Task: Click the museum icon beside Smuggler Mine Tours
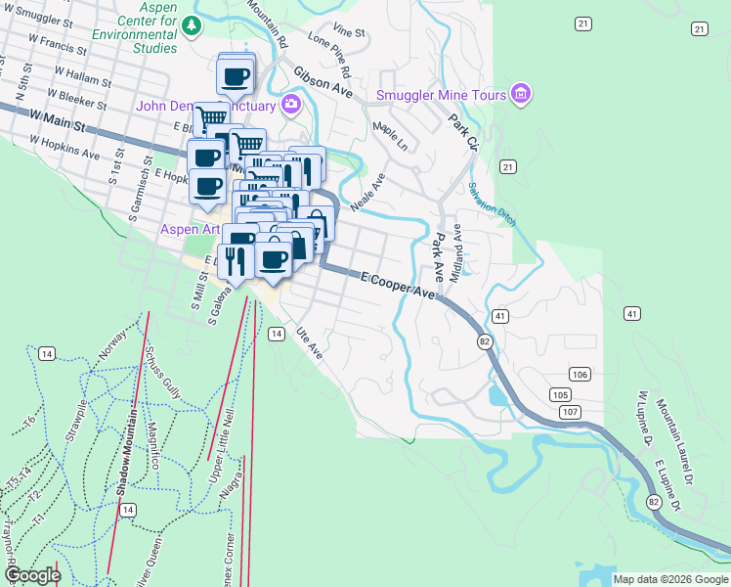[521, 94]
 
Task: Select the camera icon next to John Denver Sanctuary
[290, 105]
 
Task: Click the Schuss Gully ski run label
[157, 374]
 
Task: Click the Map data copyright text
[670, 579]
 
